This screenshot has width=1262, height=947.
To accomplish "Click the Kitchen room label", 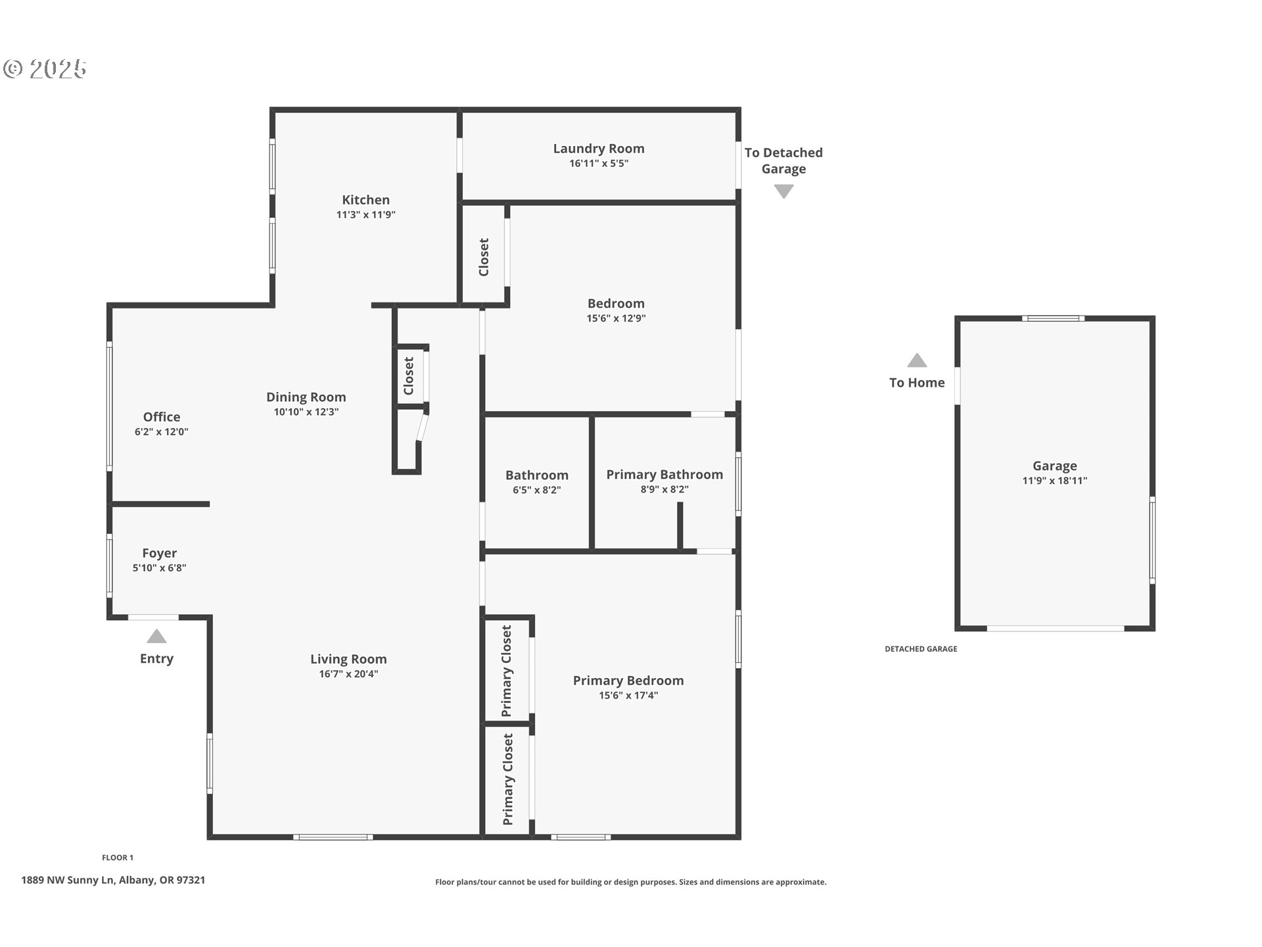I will point(365,200).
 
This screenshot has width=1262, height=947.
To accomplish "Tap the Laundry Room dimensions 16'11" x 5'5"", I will point(598,164).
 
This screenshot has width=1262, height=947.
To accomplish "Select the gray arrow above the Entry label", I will point(156,637).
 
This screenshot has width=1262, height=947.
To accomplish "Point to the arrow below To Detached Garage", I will point(783,191).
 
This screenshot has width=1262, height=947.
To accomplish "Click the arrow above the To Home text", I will point(917,360).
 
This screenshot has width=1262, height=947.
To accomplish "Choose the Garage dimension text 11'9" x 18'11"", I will point(1054,481).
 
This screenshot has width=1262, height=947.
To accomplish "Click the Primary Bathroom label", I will point(664,475).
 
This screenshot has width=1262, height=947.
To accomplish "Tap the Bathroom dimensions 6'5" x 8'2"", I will point(536,490).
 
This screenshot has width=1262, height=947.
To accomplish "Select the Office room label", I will point(162,417).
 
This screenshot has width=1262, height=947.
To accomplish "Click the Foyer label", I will point(159,553).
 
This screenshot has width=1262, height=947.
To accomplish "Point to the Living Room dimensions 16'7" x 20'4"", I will point(348,674).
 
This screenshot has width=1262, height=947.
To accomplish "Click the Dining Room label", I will point(306,397).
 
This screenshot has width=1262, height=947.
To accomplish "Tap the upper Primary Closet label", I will point(507,671).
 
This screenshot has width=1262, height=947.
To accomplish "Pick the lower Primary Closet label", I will point(507,779).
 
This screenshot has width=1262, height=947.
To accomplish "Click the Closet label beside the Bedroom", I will point(484,257).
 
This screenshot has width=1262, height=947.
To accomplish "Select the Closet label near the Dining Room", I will point(409,376).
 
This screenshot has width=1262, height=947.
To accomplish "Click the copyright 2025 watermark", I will point(45,69).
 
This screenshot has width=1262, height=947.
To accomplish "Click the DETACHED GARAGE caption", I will point(920,649).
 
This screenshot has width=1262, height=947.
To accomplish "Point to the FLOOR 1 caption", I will point(118,858).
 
